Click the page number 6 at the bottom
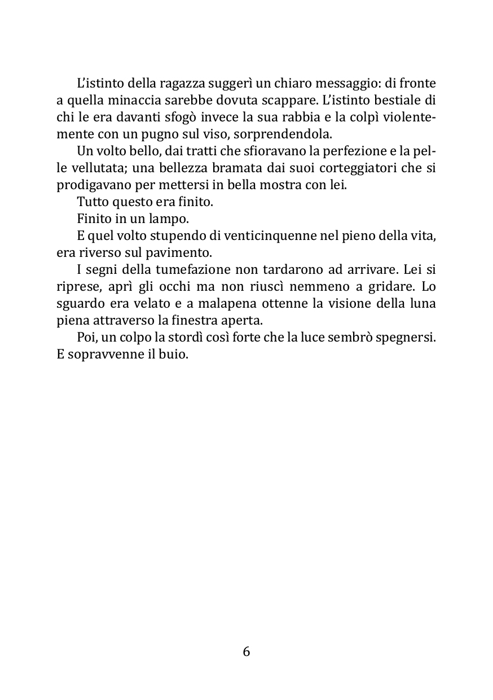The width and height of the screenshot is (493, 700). [246, 651]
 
